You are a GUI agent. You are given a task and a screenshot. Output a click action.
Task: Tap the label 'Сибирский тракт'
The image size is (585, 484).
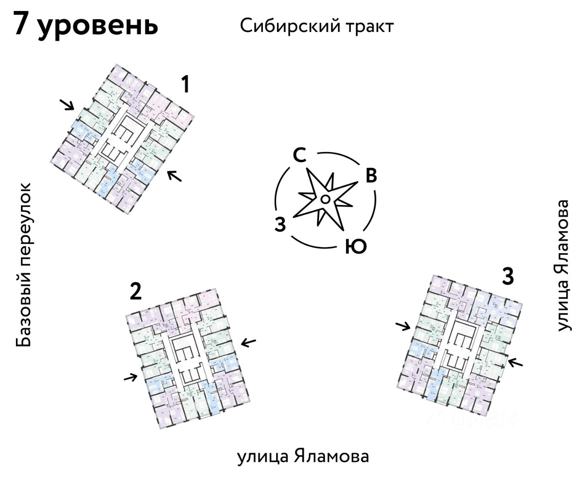316,26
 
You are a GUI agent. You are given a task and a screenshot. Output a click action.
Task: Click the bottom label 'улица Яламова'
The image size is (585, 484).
303,456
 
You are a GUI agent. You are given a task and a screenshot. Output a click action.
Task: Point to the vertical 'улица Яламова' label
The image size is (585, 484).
564,265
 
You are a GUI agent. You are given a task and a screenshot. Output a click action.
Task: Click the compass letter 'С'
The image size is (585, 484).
299,156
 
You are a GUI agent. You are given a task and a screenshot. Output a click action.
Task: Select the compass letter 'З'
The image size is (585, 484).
280,225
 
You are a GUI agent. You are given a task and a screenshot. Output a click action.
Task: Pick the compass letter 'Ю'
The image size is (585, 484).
356,247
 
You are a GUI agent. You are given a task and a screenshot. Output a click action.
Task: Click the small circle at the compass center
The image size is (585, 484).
325,199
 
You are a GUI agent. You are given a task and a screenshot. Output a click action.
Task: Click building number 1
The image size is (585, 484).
185,85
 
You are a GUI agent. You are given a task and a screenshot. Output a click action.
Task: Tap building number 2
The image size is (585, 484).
135,291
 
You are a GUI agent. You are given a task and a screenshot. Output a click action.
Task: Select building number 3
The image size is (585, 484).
508,276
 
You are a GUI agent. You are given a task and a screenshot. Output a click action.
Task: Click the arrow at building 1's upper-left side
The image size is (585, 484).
68,105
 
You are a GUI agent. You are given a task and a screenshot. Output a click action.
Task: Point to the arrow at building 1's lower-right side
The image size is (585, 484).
174,175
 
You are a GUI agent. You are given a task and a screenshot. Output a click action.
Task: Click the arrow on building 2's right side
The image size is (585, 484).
249,342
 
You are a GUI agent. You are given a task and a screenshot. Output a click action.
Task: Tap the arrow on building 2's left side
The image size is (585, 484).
131,377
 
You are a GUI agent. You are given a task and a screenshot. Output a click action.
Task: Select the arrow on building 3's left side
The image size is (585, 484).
403,326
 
